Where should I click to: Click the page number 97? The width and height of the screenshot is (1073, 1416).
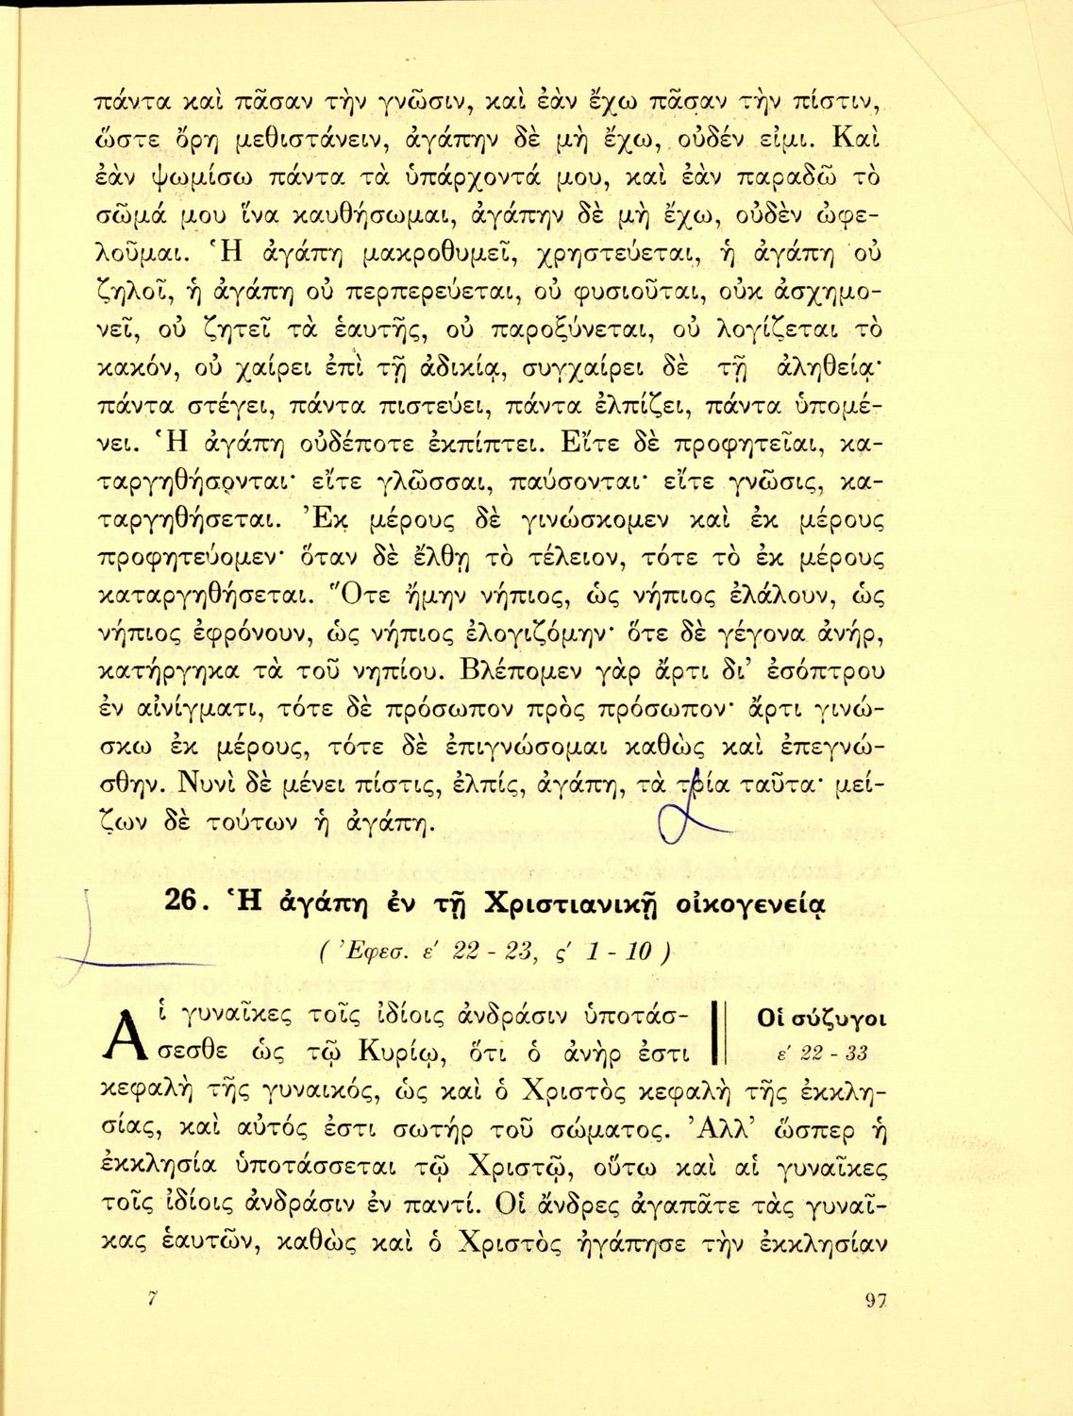click(x=877, y=1301)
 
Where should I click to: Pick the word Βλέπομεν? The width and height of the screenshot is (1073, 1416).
click(x=521, y=672)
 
